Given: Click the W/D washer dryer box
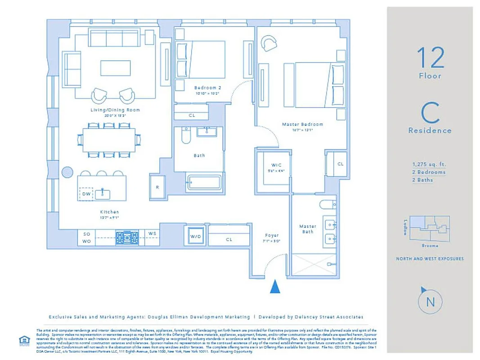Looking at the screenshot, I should point(195,236).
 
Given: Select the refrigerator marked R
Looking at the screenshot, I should point(157,187).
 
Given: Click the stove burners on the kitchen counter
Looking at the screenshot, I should point(126,237).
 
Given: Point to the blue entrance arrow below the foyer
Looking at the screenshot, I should point(275,286).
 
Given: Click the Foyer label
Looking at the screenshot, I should point(272,235).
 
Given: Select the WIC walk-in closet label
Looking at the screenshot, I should point(276,165).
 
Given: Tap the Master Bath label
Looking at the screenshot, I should point(308,229).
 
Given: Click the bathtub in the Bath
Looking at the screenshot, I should point(205,183).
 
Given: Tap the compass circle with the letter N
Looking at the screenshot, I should point(430,302).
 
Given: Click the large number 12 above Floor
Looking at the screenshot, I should point(430,58).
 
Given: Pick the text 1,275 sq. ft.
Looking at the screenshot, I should point(430,164).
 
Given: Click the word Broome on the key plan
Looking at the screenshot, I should point(430,246).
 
